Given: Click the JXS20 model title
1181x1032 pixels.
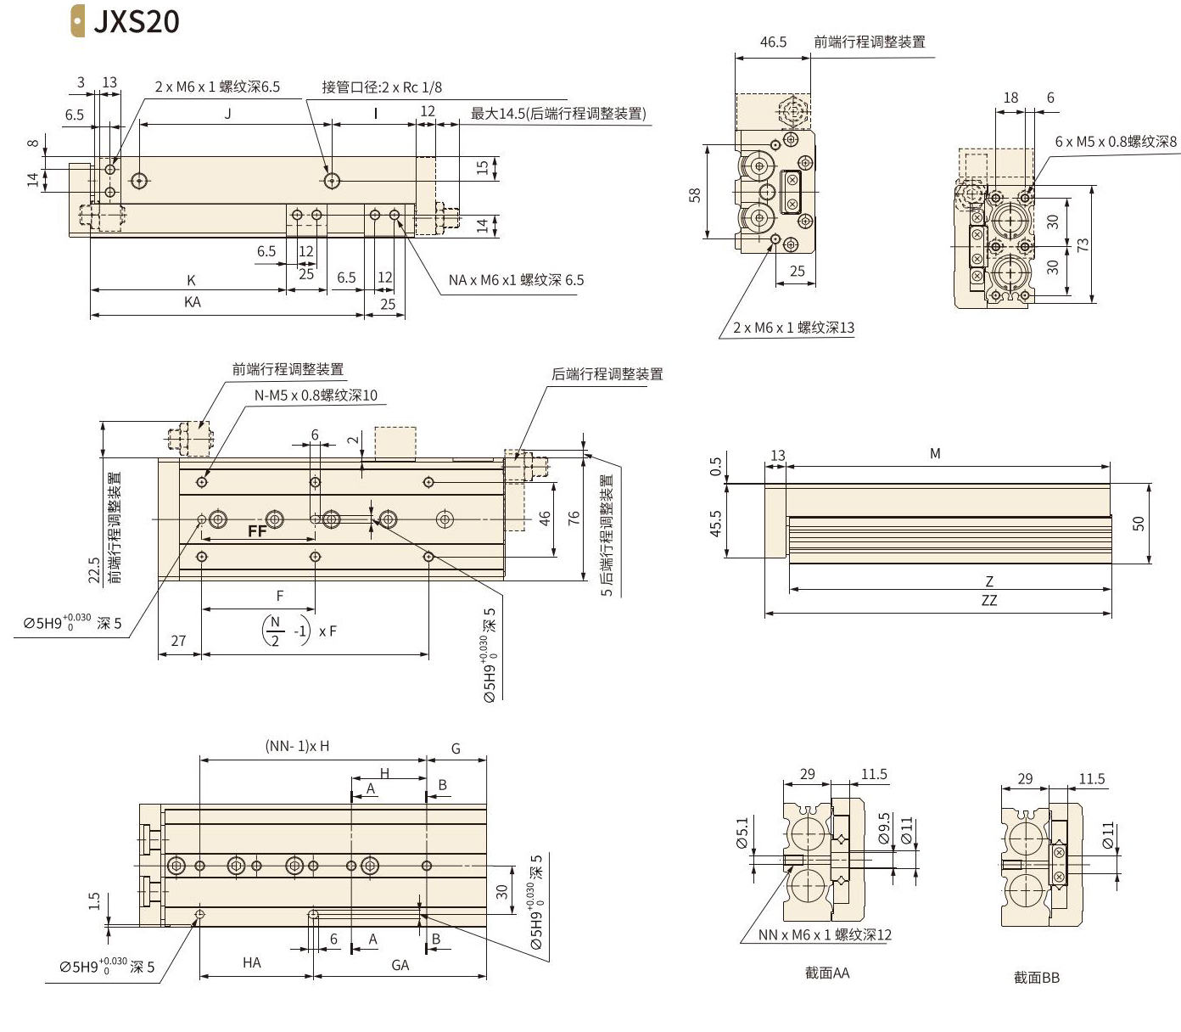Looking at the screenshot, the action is [x=137, y=21].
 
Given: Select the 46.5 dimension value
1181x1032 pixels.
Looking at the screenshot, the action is [x=773, y=42].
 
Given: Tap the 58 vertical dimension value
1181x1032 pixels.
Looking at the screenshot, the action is [x=695, y=195].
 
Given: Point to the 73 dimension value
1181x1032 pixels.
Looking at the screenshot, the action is [x=1083, y=244].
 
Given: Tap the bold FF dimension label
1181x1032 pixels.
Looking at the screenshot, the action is [x=257, y=531].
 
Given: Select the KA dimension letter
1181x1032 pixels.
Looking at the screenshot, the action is [x=193, y=302].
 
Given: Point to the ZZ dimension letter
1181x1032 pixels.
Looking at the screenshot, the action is [x=988, y=600].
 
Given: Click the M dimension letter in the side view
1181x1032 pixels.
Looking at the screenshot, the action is [x=935, y=454].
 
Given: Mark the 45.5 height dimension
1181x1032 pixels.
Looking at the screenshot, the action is [x=715, y=524].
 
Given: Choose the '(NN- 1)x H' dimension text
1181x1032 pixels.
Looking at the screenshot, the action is [x=297, y=746].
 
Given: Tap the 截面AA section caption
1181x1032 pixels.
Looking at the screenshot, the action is [x=827, y=973].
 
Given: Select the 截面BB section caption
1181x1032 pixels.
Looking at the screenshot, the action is [x=1037, y=978].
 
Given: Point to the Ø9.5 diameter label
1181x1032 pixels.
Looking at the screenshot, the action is [x=884, y=829].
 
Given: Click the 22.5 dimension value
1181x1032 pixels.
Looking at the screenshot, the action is [x=94, y=569].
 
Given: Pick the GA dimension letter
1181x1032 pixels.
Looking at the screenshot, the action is [x=400, y=965].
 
